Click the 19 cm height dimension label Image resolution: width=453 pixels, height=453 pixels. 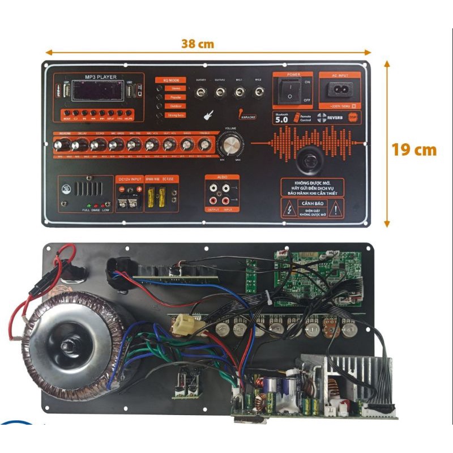[x=414, y=149]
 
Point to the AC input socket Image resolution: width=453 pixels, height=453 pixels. [x=338, y=89]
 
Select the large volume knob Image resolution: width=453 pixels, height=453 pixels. [x=231, y=146]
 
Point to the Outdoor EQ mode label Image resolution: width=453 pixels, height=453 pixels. [x=176, y=106]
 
